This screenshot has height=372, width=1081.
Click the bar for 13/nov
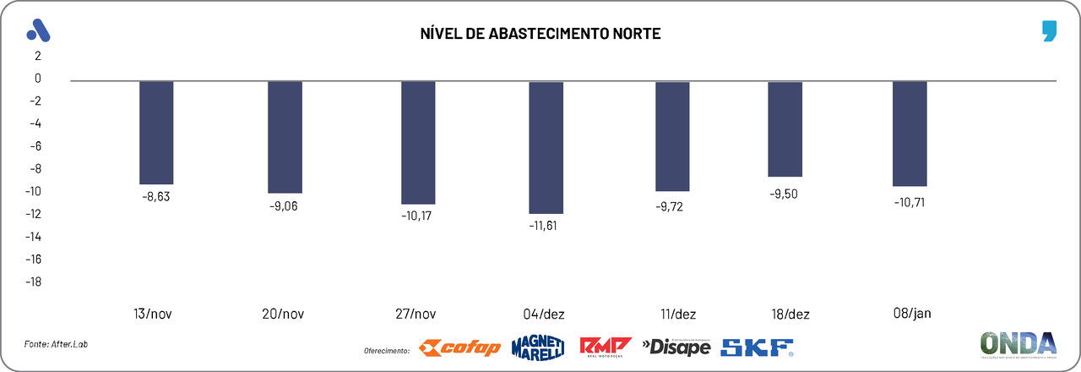[156, 133]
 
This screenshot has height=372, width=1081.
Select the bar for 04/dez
[546, 147]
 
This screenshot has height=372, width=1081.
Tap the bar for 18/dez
[785, 129]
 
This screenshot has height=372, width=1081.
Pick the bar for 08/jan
[910, 134]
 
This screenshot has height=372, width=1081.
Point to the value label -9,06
[285, 205]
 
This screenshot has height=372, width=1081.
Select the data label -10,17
[417, 216]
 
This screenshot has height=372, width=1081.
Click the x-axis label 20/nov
[283, 315]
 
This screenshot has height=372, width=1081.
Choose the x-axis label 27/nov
[416, 315]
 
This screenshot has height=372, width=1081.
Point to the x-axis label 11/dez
[678, 315]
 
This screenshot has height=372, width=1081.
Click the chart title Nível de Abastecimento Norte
[540, 34]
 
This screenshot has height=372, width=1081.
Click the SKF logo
[757, 347]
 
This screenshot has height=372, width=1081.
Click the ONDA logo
[1018, 344]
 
